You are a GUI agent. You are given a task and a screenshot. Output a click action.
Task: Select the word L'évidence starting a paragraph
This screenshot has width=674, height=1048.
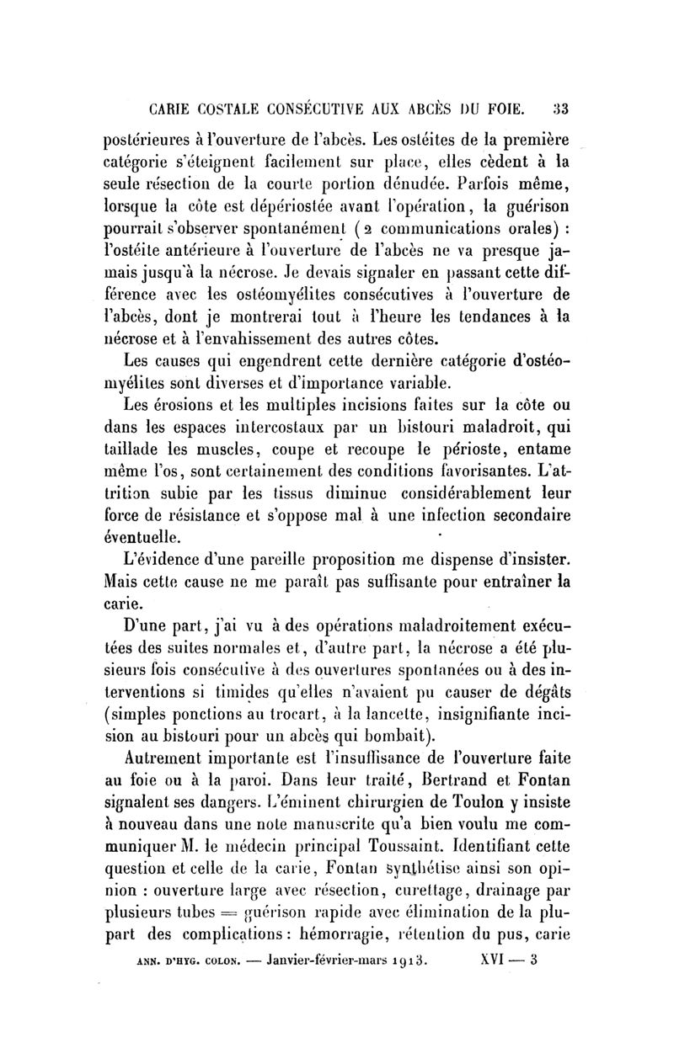[x=163, y=558]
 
